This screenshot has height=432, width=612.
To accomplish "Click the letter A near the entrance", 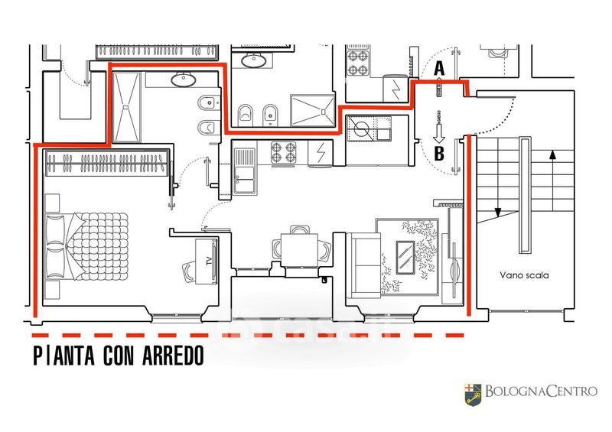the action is [x=439, y=68].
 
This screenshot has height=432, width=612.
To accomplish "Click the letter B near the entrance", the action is [x=439, y=153].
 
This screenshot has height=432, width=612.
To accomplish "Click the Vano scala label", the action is [x=524, y=274].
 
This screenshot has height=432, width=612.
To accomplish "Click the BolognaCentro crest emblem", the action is [x=471, y=394].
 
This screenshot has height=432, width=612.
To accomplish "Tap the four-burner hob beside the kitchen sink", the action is [x=285, y=153].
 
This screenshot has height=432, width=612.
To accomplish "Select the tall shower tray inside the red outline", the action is [x=127, y=106].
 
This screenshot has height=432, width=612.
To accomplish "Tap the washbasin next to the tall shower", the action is [x=183, y=79].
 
